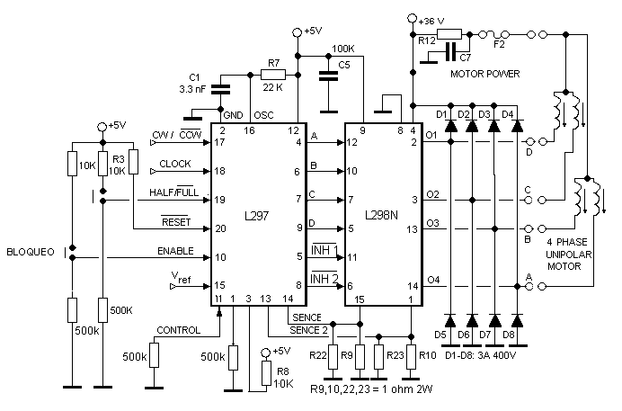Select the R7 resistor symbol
(273, 74)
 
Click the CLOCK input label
(175, 165)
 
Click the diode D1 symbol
(449, 127)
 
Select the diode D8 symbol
(518, 320)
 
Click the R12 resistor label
(427, 40)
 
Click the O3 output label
(432, 222)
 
